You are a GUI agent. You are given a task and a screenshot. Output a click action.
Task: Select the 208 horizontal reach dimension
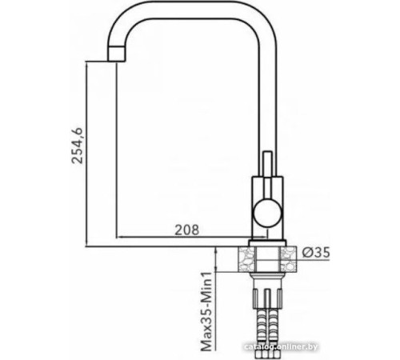(186, 229)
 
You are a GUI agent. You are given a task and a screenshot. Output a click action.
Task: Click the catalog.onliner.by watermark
(350, 346)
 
